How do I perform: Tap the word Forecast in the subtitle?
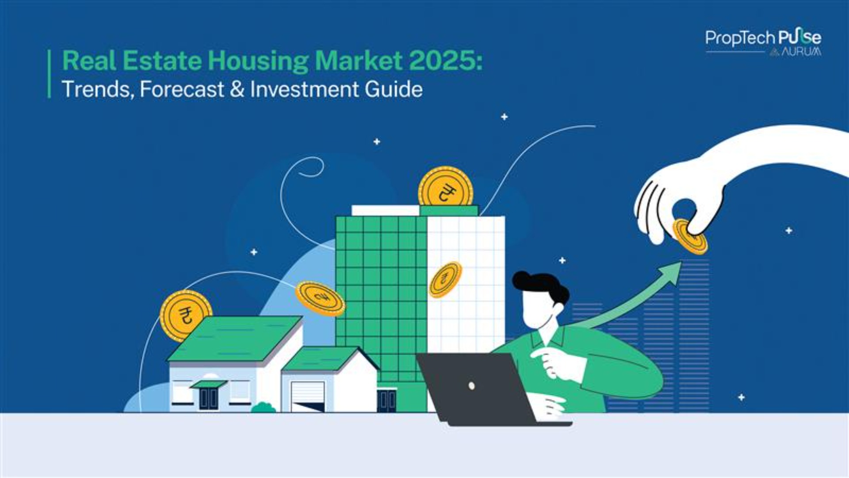tap(182, 89)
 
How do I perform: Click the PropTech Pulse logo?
tap(763, 38)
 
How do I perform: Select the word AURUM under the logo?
tap(801, 52)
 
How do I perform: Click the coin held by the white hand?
tap(689, 237)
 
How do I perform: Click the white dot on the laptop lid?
tap(471, 386)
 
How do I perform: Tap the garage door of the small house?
tap(308, 397)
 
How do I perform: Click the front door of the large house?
tap(208, 398)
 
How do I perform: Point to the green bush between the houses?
tap(264, 408)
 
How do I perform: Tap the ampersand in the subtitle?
tap(237, 89)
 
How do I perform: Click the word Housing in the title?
tap(258, 61)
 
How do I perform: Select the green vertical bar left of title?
tap(49, 73)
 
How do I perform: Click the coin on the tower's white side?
tap(445, 280)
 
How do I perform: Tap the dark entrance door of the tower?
tap(386, 400)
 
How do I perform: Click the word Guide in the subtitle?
tap(394, 89)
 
